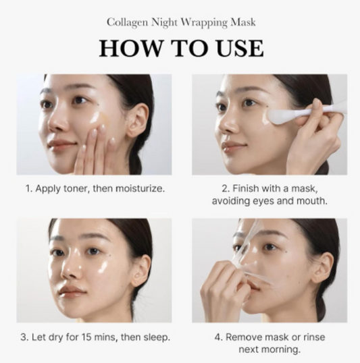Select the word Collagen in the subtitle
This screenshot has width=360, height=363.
[x=127, y=23]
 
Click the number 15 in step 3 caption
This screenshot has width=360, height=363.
[x=86, y=337]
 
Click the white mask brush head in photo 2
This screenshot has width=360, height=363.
[x=279, y=115]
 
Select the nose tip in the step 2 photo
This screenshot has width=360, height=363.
[x=227, y=126]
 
